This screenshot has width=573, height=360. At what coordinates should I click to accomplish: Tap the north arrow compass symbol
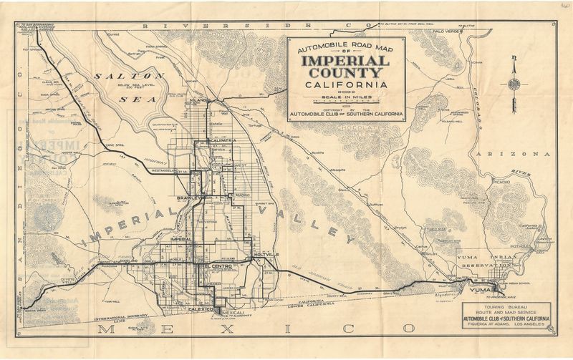pos(514,83)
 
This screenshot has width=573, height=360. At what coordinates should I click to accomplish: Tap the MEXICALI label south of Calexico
pos(232,312)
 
